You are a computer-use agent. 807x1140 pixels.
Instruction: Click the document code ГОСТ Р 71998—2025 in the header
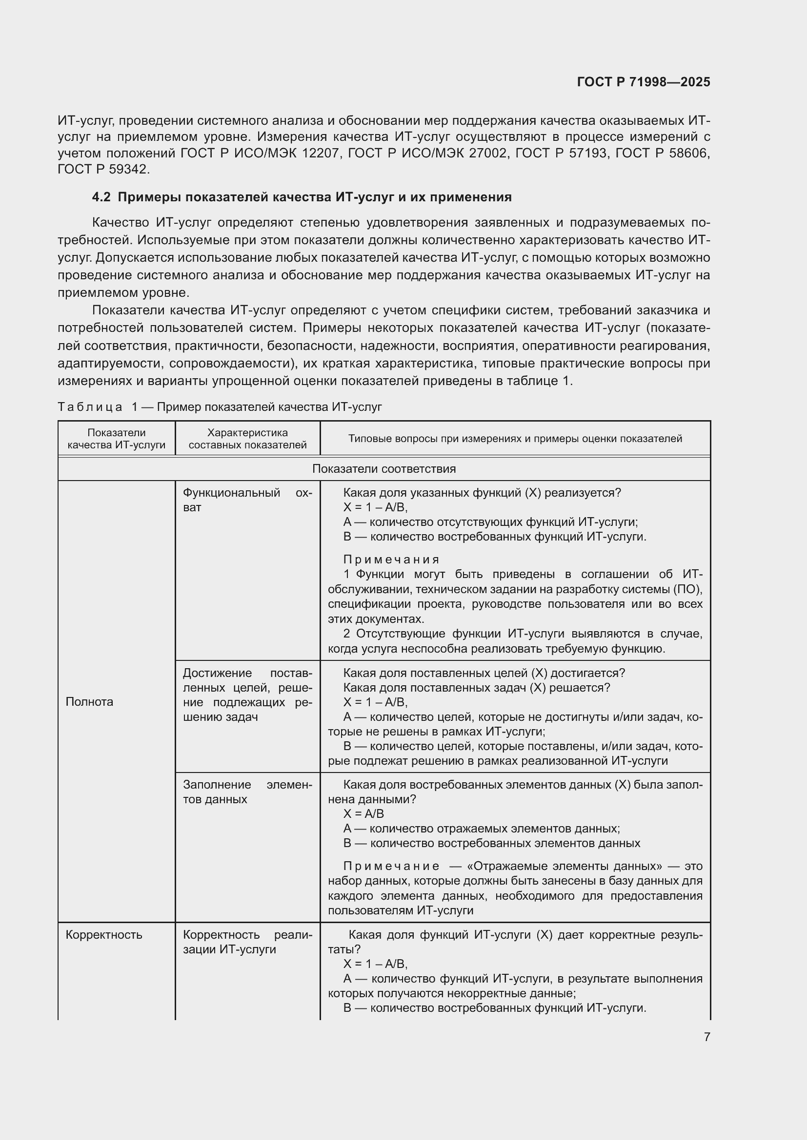644,82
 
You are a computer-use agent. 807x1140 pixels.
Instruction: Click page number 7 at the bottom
706,1037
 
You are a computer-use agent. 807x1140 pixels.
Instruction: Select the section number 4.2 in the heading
101,197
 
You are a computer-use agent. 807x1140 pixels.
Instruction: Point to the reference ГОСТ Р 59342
103,169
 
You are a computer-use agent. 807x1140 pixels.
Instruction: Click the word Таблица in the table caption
90,407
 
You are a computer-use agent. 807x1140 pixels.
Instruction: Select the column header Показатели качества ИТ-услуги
116,439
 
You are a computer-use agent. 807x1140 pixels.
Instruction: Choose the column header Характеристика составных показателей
247,439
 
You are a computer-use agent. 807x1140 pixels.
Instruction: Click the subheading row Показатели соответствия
383,469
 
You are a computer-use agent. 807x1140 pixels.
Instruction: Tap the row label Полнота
89,701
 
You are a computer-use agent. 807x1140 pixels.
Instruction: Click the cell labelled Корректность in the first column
104,934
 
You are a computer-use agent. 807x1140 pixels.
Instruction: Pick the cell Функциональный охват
247,500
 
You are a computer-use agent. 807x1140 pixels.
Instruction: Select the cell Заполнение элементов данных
247,792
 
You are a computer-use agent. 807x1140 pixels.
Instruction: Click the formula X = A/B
363,814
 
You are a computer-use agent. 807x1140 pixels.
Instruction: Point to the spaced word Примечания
391,560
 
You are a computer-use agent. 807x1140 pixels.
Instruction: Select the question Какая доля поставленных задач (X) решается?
476,688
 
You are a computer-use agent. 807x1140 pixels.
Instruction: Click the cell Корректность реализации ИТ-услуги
247,942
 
